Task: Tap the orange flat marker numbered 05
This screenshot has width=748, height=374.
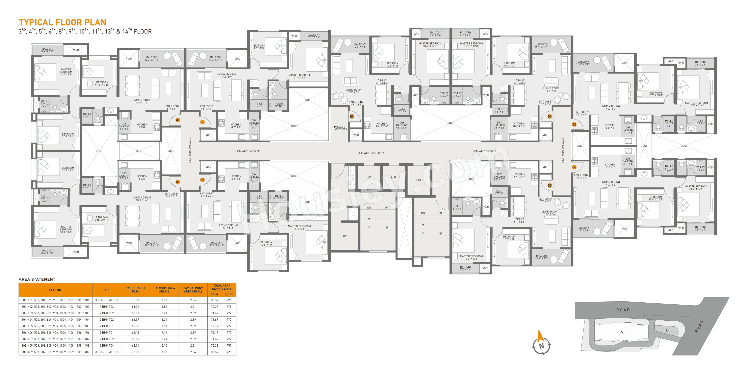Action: point(574,124)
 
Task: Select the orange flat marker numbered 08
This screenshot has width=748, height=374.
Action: point(202,180)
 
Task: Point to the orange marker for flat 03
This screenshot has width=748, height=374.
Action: point(352,116)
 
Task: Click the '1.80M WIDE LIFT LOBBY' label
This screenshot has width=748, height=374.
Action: point(370,153)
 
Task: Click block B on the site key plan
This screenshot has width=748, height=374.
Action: point(667,330)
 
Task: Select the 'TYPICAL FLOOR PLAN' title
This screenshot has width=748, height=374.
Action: point(62,22)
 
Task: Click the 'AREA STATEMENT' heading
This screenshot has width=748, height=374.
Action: point(37,279)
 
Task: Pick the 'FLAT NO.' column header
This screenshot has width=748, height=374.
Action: point(55,290)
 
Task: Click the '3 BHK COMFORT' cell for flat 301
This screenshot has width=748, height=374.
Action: point(107,300)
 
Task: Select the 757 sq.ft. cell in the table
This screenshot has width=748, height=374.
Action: point(229,346)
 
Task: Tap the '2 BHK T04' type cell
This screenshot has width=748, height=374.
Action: point(107,346)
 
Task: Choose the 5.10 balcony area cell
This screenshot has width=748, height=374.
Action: point(164,346)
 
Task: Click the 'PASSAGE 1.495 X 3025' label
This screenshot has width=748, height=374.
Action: point(339,128)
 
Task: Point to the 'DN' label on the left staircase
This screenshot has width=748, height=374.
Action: point(369,208)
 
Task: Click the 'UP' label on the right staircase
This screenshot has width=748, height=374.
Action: point(440,213)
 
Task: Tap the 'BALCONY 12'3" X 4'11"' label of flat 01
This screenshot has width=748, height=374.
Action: point(152,59)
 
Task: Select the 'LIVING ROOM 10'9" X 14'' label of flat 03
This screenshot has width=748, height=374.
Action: point(353,91)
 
